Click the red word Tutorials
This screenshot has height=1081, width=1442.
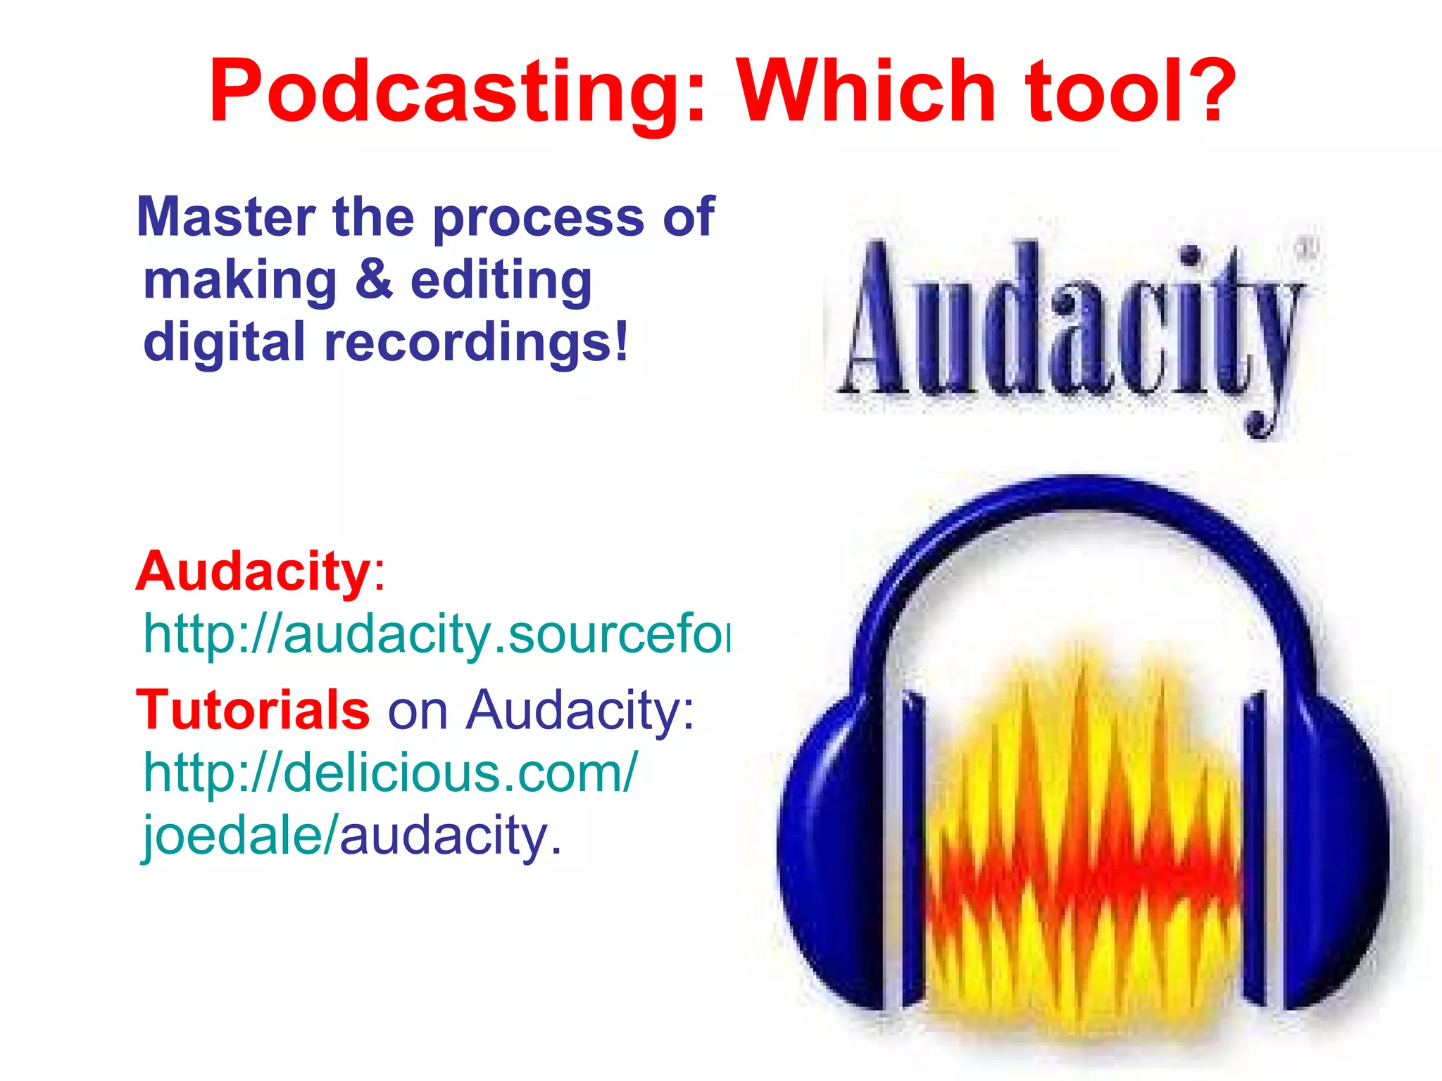(x=252, y=709)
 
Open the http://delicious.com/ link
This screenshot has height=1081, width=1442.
(x=391, y=773)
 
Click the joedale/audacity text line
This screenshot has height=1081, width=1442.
(x=352, y=836)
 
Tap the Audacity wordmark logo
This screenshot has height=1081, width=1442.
(x=1070, y=324)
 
